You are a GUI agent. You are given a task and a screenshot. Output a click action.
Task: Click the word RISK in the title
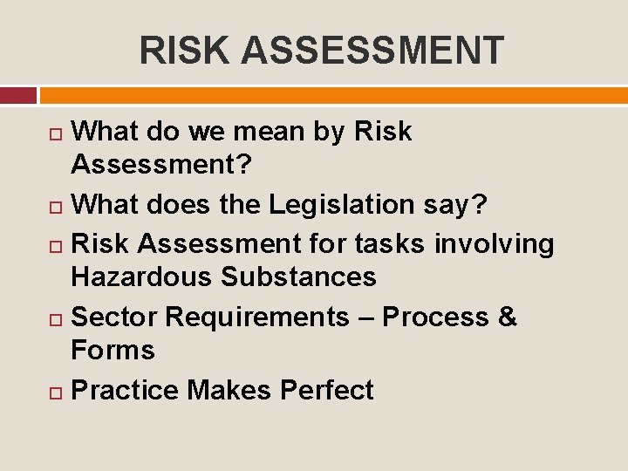(185, 51)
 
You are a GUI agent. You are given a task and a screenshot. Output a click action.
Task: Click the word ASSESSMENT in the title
(372, 51)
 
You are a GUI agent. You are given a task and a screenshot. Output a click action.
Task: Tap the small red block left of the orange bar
(18, 94)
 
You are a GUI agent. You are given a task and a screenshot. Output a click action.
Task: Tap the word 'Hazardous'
(142, 276)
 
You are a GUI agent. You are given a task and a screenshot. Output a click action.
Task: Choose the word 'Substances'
(298, 276)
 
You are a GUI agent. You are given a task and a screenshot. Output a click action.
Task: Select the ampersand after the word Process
(508, 317)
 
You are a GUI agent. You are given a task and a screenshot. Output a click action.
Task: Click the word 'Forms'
(113, 350)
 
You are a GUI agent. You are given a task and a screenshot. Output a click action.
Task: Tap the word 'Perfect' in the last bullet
(326, 390)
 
